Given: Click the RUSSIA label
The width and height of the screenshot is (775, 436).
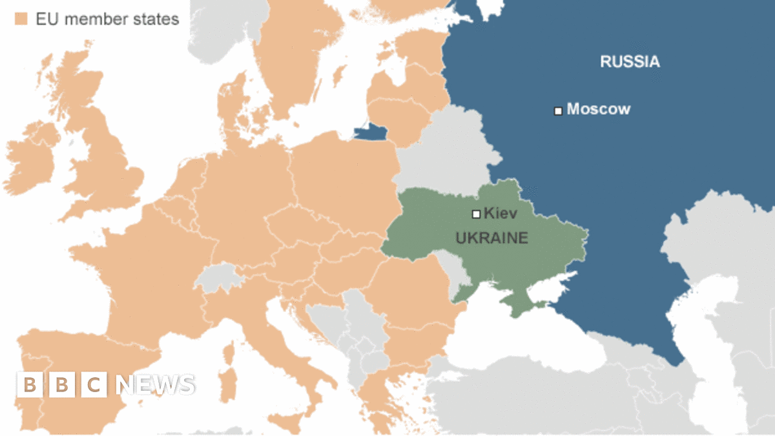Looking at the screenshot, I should pos(630,62).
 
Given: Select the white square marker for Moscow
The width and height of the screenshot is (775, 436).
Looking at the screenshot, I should pos(558,110).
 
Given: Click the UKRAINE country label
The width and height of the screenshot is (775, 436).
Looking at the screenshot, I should pos(491,238).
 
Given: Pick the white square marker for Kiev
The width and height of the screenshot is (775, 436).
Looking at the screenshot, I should pos(476,214).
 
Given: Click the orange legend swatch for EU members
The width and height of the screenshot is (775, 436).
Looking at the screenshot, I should pos(21,19).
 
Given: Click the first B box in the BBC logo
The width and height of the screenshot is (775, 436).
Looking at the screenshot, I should pos(29,385).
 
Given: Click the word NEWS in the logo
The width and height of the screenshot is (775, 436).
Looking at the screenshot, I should pos(155,385).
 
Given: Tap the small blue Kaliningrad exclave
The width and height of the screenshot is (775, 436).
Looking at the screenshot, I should pos(371,133).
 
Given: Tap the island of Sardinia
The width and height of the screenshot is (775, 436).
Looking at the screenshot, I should pos(227,381).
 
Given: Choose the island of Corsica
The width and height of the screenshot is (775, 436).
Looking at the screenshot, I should pos(229,351).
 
